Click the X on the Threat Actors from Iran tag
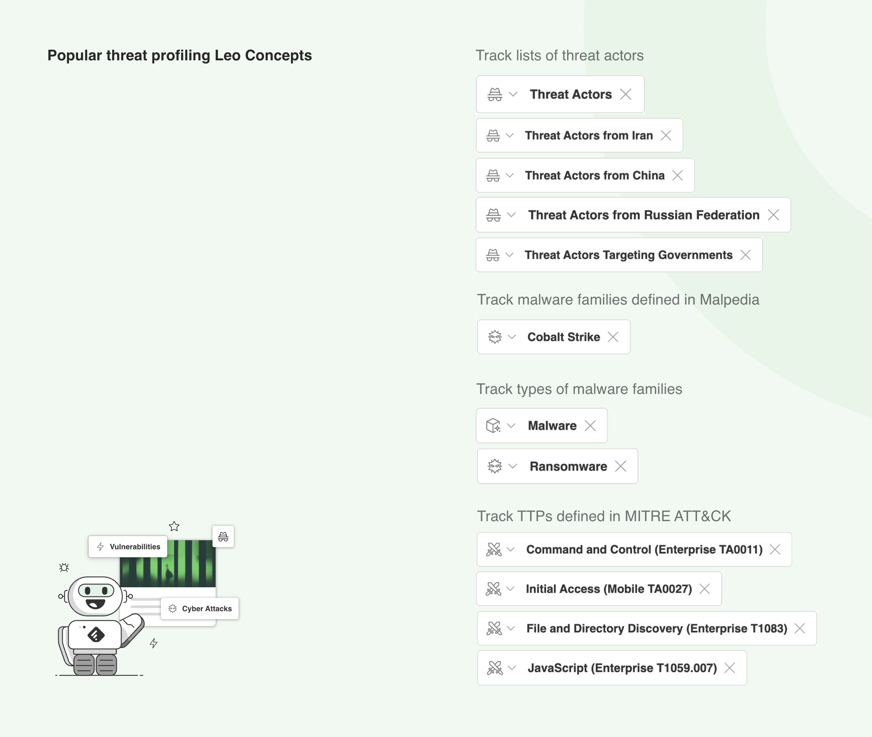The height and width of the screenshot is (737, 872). (x=666, y=135)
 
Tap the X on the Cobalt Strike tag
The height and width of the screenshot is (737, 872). (x=613, y=337)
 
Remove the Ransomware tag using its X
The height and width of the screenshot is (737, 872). (x=621, y=466)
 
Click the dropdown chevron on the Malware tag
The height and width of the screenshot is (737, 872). (x=511, y=426)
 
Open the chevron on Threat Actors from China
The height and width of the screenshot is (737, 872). (x=510, y=176)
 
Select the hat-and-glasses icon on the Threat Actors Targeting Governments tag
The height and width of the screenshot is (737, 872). (x=493, y=255)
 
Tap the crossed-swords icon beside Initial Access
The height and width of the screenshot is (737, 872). (x=493, y=589)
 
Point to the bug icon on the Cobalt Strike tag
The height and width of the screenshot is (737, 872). (x=495, y=337)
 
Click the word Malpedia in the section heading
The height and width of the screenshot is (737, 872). (x=729, y=299)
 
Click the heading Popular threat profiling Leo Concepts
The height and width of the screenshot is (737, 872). (x=179, y=55)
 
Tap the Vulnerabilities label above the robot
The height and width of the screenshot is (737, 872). (x=135, y=547)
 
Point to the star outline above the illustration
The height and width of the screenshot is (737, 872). (x=174, y=526)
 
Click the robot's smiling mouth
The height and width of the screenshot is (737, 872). (x=95, y=604)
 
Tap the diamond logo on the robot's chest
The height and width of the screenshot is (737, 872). (x=96, y=635)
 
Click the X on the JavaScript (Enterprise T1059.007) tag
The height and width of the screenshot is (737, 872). (x=730, y=668)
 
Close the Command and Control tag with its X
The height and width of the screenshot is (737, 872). (x=775, y=549)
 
